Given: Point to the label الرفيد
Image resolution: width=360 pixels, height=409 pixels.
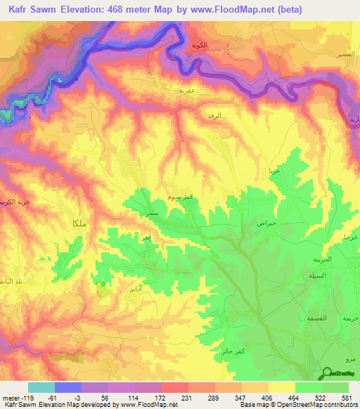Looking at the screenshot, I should click(x=214, y=114).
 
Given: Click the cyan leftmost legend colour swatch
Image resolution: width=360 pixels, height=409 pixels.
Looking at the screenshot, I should click(x=41, y=387).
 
